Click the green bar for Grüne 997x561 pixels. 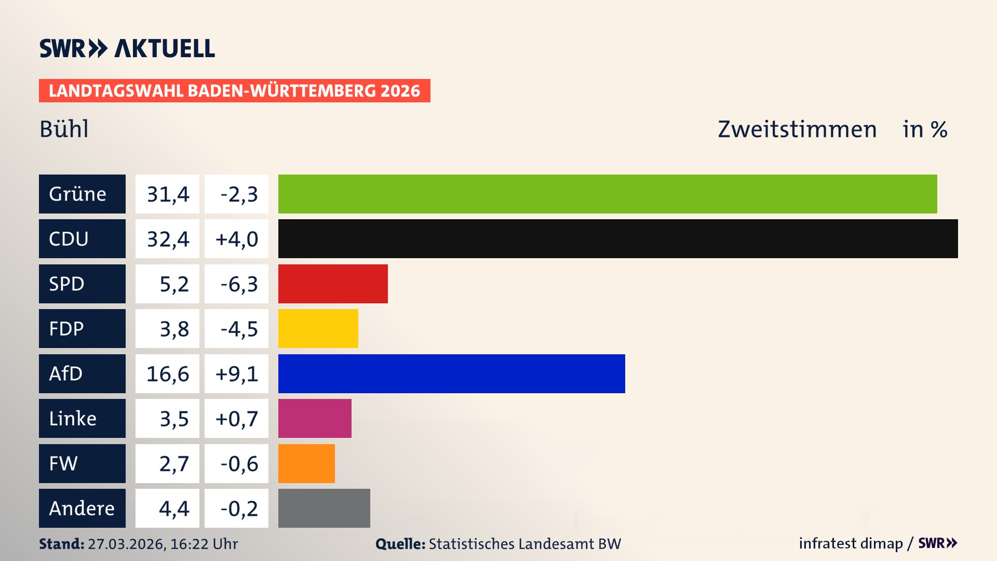point(608,194)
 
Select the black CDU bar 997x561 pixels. point(618,238)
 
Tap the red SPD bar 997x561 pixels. point(333,284)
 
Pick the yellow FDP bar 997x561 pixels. point(318,328)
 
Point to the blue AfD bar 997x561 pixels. point(451,373)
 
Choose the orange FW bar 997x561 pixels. point(306,463)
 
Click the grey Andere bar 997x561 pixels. point(324,508)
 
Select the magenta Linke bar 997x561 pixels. point(315,418)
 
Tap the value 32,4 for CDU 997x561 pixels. point(168,239)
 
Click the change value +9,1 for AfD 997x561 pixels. point(237,374)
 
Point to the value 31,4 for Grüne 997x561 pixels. point(168,194)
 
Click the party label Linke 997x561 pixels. point(73,419)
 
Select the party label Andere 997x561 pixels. point(82,508)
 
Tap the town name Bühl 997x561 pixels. point(64,129)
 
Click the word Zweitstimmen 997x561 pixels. point(797,129)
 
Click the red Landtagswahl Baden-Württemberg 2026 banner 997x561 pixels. point(234,91)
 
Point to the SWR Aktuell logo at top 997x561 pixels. point(127,48)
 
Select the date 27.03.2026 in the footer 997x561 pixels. point(126,544)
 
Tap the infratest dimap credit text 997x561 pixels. point(851,543)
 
